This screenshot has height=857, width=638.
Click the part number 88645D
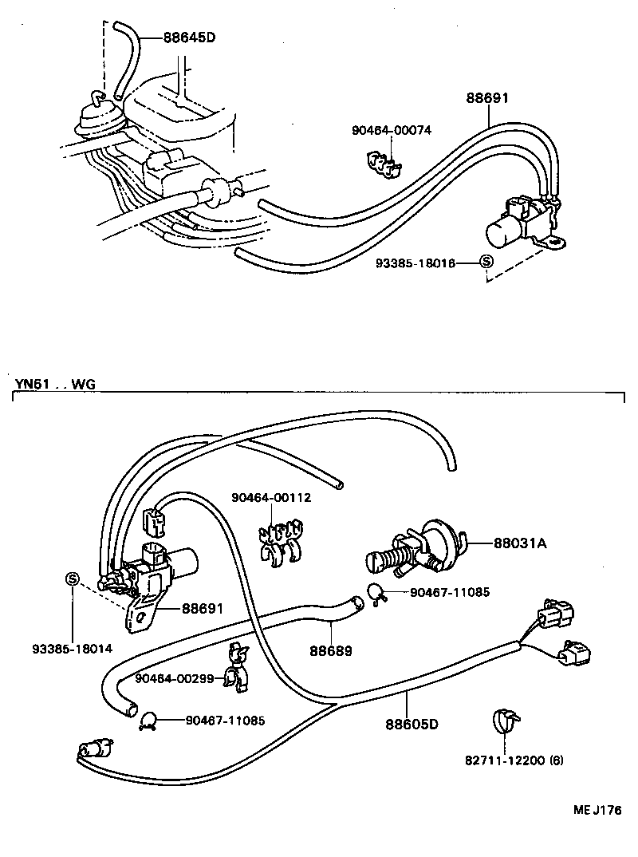189,37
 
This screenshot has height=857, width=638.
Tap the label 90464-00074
392,130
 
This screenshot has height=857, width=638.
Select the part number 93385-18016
415,263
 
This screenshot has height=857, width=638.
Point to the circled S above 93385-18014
71,579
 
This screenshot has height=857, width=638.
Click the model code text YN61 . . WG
54,384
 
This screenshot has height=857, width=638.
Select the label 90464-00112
271,498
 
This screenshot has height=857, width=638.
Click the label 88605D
412,724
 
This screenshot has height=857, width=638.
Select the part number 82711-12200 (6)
514,760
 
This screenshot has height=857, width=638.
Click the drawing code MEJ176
597,811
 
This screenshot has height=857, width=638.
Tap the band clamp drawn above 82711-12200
502,721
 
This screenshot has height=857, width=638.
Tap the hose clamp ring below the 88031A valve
376,592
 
